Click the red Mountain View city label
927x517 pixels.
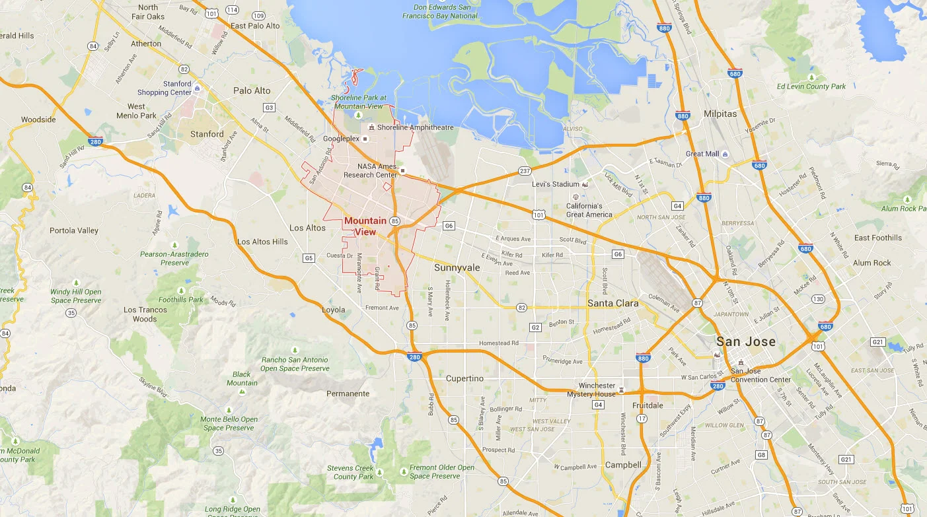pyautogui.click(x=365, y=226)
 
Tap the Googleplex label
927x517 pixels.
pyautogui.click(x=341, y=139)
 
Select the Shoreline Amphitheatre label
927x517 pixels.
pyautogui.click(x=415, y=127)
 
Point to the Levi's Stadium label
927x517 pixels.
pyautogui.click(x=555, y=184)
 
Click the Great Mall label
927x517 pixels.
pyautogui.click(x=702, y=154)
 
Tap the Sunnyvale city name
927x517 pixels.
pyautogui.click(x=457, y=267)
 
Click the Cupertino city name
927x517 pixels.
pyautogui.click(x=464, y=378)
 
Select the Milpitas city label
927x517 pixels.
pyautogui.click(x=720, y=114)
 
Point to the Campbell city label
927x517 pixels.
pyautogui.click(x=623, y=465)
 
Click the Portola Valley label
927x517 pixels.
pyautogui.click(x=74, y=230)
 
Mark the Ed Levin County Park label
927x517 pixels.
pyautogui.click(x=811, y=86)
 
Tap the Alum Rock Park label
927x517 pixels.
pyautogui.click(x=903, y=208)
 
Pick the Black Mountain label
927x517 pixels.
pyautogui.click(x=242, y=378)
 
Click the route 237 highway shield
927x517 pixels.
pyautogui.click(x=525, y=172)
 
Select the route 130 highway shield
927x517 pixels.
pyautogui.click(x=818, y=299)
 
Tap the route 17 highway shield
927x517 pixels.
pyautogui.click(x=642, y=419)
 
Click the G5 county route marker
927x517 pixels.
pyautogui.click(x=309, y=258)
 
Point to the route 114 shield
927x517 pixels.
pyautogui.click(x=232, y=9)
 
